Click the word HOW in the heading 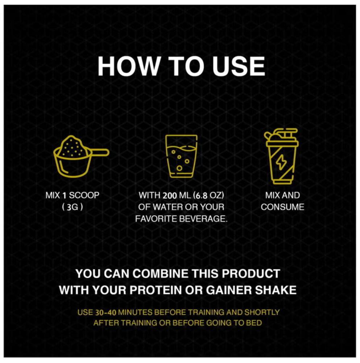(x=129, y=66)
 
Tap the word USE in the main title (x=239, y=66)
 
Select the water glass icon (x=181, y=156)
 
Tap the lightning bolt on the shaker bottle (x=281, y=162)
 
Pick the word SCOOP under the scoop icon (x=84, y=195)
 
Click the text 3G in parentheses (x=73, y=207)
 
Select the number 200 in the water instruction (x=170, y=196)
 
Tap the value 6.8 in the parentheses (x=200, y=196)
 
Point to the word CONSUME (x=282, y=207)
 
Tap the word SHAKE (x=276, y=290)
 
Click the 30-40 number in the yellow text (x=105, y=313)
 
